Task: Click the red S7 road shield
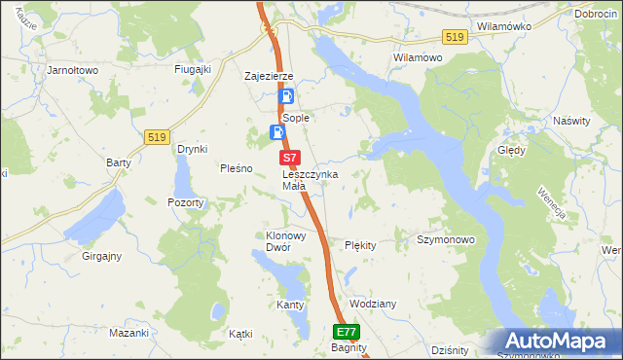288,157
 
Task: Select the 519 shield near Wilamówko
454,37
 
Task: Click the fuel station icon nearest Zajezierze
287,97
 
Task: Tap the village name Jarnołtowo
74,70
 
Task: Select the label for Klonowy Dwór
279,241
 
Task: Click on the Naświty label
570,121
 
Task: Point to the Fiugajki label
193,69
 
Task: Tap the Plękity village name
360,245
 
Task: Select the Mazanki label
128,333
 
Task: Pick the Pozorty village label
185,202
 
